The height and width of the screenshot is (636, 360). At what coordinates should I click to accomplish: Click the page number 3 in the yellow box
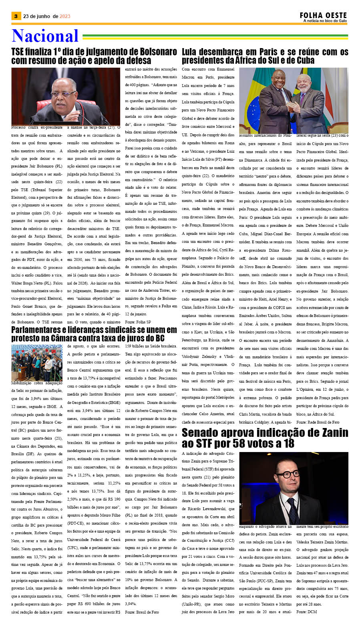coord(16,16)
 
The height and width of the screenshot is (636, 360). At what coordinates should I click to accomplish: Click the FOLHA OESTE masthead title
coord(323,15)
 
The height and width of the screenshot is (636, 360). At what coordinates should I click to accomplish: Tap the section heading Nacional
coord(45,36)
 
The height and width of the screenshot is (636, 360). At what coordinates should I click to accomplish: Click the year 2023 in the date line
coord(65,16)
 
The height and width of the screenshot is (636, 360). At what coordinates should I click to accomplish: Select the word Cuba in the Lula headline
coord(303,61)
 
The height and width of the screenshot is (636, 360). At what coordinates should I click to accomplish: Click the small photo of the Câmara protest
coord(37,362)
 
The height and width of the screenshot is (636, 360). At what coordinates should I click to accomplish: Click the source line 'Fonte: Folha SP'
coord(138,322)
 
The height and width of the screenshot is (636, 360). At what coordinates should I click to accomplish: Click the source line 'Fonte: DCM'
coord(307,612)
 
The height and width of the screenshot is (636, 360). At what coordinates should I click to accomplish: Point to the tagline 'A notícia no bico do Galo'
coord(325,21)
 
